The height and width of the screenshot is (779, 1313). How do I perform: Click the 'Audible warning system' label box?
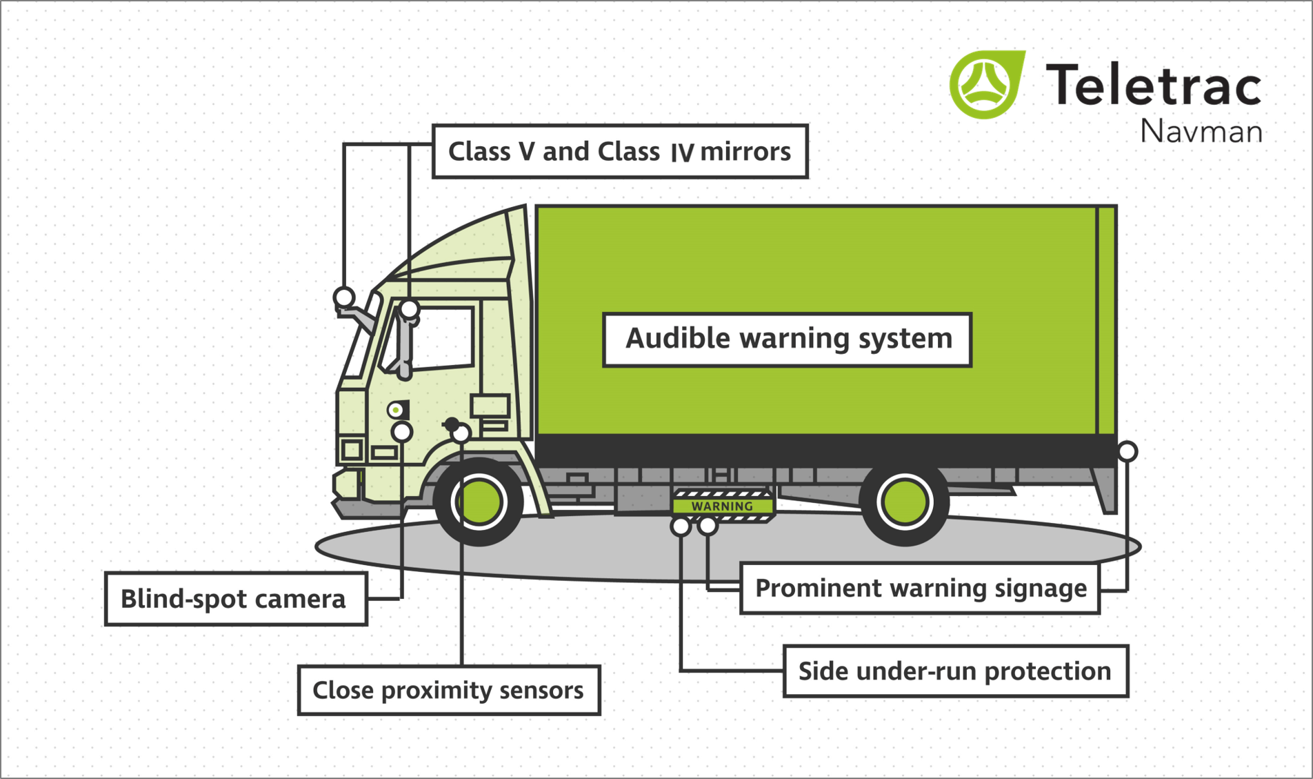[787, 339]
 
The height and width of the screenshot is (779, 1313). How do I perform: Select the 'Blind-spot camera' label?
[235, 598]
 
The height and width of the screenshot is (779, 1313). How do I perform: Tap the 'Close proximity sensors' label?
[448, 689]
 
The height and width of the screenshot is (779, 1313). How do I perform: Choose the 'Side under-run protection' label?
[955, 671]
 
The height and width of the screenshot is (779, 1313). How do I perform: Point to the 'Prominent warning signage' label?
[920, 588]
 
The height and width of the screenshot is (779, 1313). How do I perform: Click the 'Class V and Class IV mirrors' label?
[619, 151]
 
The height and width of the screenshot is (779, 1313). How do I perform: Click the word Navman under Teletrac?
[1201, 131]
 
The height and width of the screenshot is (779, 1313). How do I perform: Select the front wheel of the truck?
[479, 502]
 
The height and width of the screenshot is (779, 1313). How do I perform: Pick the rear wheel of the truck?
[904, 502]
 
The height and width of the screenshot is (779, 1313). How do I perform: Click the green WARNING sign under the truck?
[722, 506]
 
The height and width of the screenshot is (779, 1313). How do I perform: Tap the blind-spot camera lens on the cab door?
[396, 410]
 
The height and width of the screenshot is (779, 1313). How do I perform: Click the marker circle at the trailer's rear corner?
[1127, 451]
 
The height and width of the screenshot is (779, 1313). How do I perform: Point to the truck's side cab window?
[441, 338]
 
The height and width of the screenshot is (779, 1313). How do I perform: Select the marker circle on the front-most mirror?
[344, 297]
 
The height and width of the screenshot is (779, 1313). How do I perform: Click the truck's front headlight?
[352, 450]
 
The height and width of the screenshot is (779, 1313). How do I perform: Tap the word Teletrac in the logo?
[1153, 86]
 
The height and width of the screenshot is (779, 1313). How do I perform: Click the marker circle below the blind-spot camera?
[402, 432]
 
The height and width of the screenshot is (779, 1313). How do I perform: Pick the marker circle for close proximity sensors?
[461, 433]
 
